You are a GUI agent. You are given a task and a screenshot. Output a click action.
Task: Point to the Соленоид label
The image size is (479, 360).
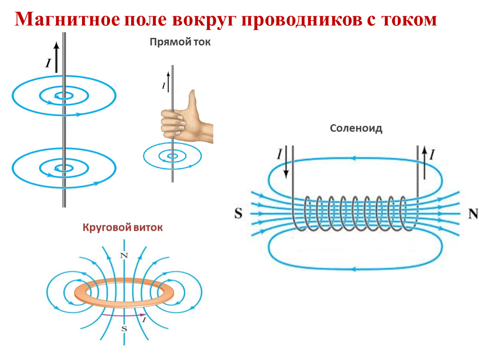[x=356, y=128]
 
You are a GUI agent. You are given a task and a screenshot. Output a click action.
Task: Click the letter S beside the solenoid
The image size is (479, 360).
[x=238, y=214]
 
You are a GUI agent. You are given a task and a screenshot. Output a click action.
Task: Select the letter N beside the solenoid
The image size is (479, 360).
[x=472, y=214]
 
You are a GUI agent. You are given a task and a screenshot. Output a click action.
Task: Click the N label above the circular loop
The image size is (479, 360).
[x=123, y=255]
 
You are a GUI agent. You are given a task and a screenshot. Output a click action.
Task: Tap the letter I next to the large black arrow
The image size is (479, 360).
[x=48, y=63]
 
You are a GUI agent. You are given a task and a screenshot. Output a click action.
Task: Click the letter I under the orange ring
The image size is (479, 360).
[x=144, y=320]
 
